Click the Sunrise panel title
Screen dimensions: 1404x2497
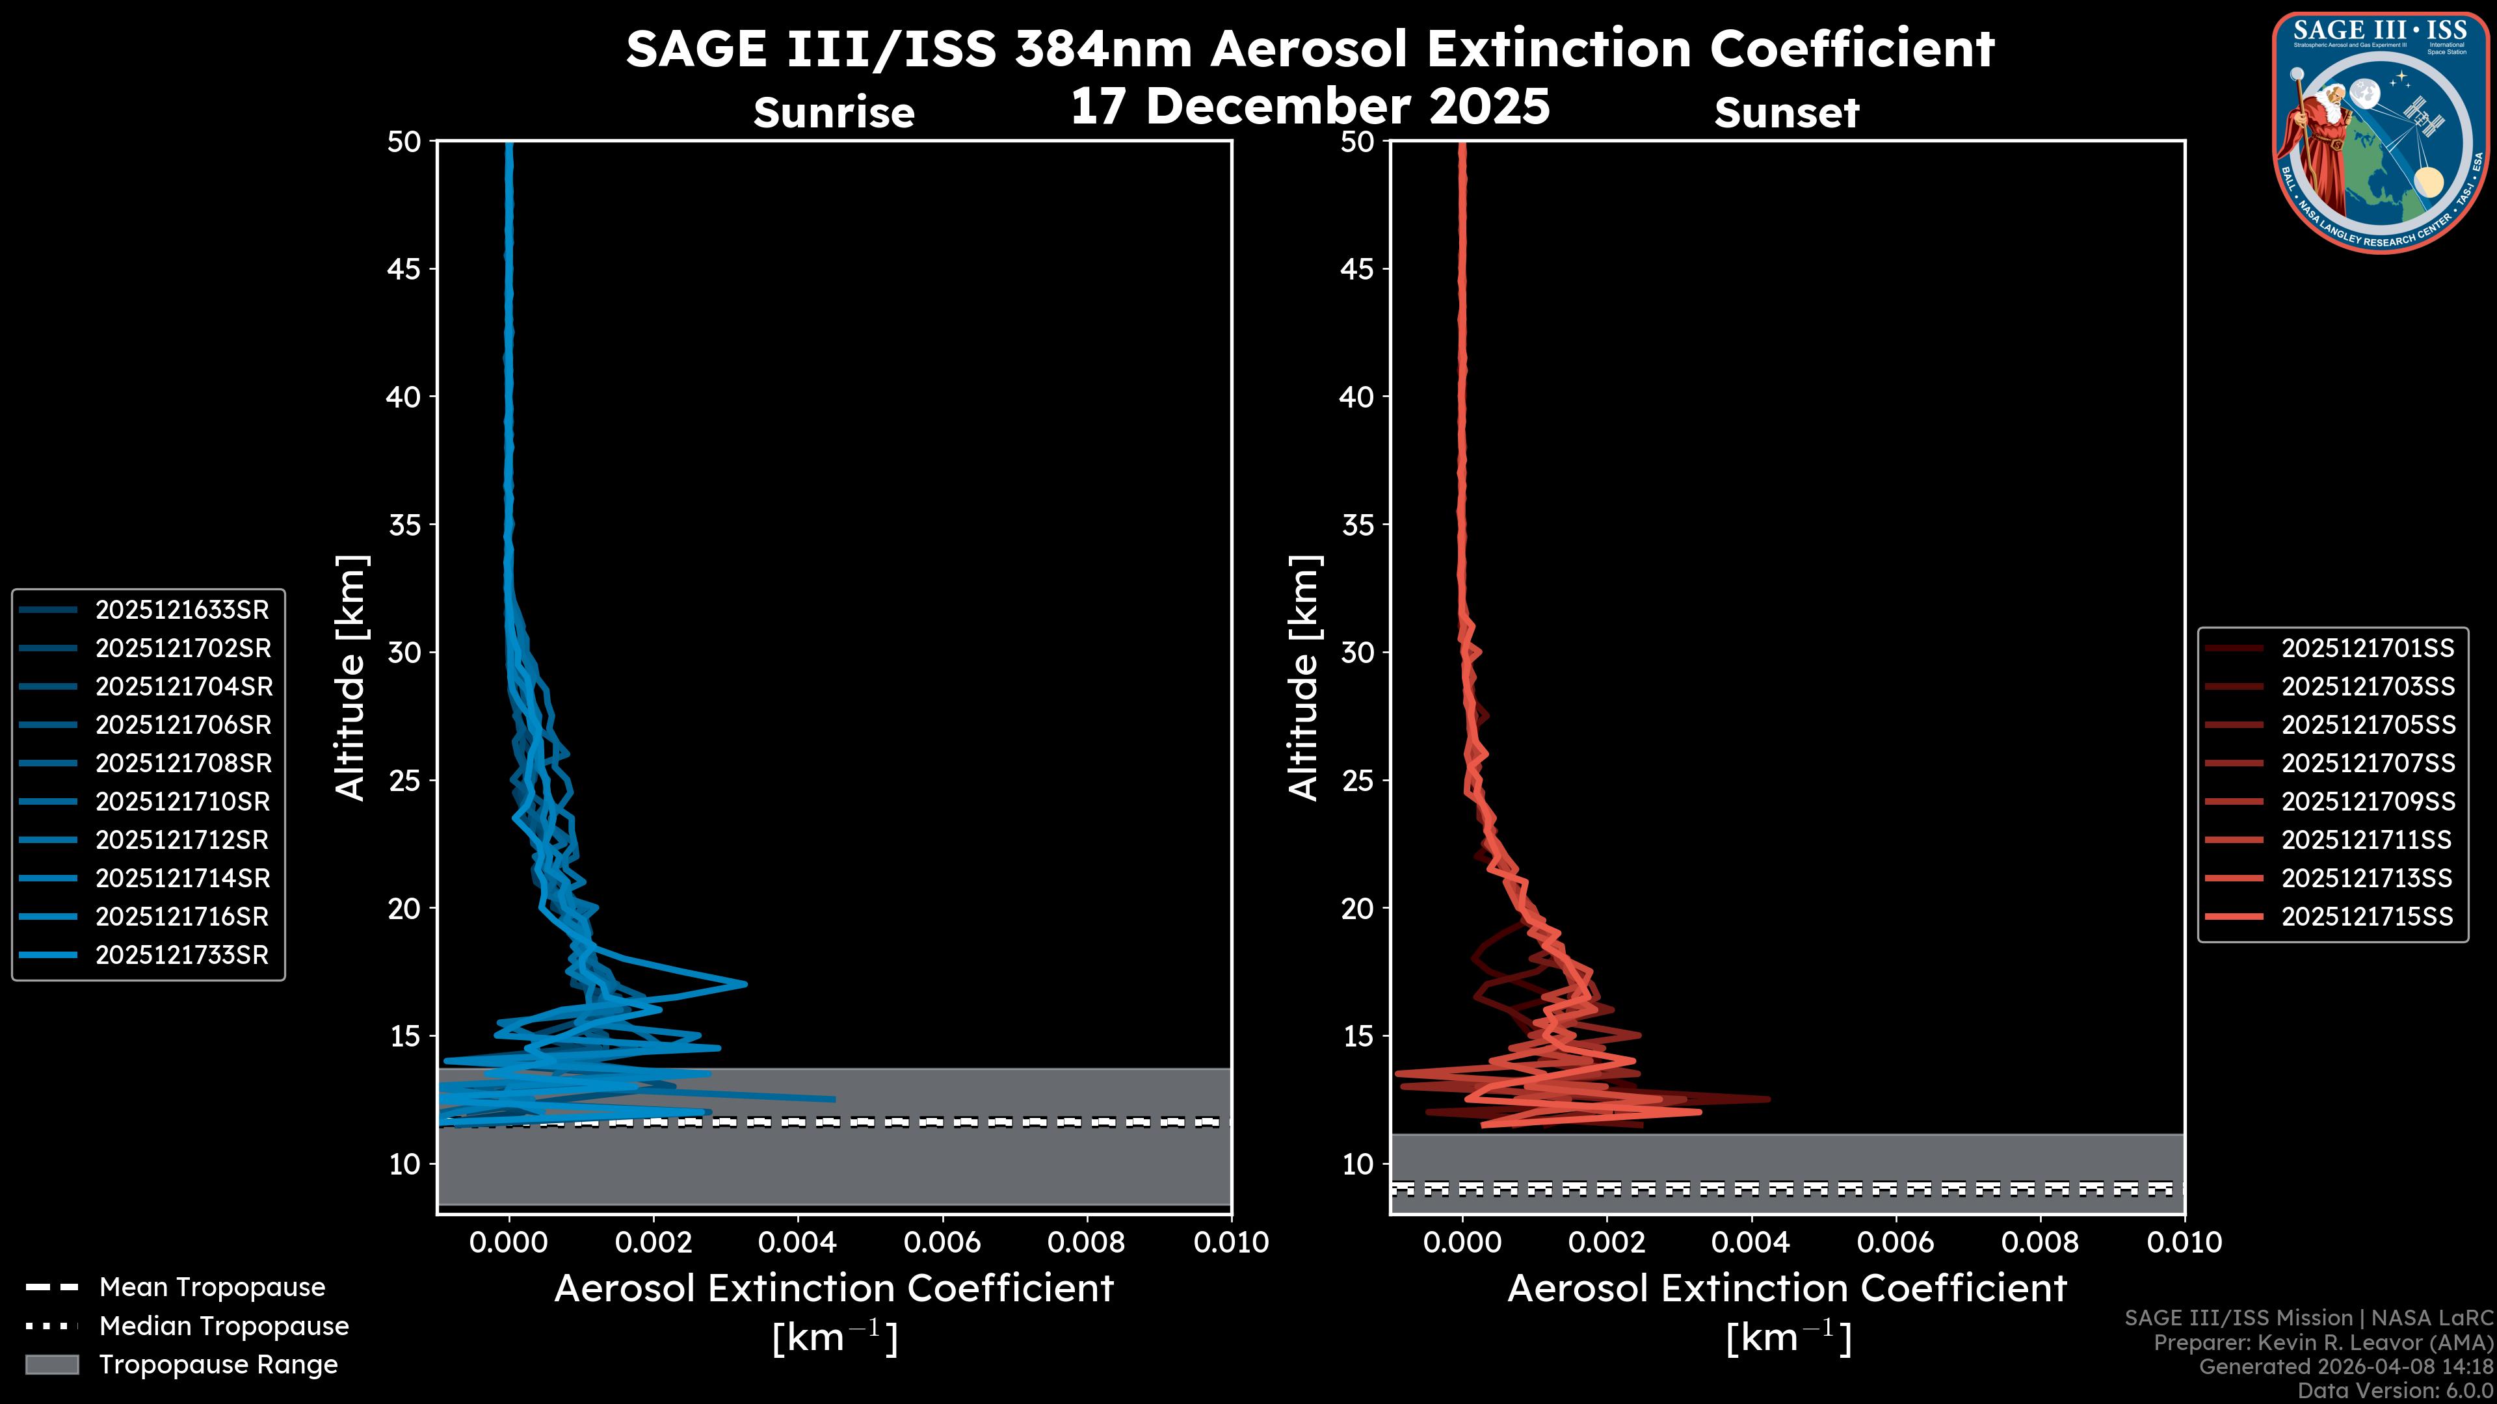click(x=834, y=113)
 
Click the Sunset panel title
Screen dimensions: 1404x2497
click(x=1786, y=113)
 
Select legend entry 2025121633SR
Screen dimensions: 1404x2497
click(x=182, y=610)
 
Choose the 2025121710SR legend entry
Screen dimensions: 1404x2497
click(x=182, y=801)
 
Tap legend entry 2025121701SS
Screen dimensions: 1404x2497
click(x=2367, y=648)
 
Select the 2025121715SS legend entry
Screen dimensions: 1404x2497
click(x=2367, y=916)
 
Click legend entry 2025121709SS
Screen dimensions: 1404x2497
click(x=2367, y=801)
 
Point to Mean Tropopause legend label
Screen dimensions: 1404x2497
click(x=212, y=1287)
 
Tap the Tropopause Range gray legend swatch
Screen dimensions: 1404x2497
click(x=52, y=1364)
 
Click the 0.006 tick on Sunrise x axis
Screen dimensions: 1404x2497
click(x=942, y=1242)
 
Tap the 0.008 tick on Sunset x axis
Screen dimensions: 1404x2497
click(x=2041, y=1242)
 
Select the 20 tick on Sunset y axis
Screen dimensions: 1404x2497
click(x=1357, y=908)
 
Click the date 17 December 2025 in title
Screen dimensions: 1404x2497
click(x=1310, y=107)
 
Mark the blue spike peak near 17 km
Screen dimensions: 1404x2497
click(x=745, y=985)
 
